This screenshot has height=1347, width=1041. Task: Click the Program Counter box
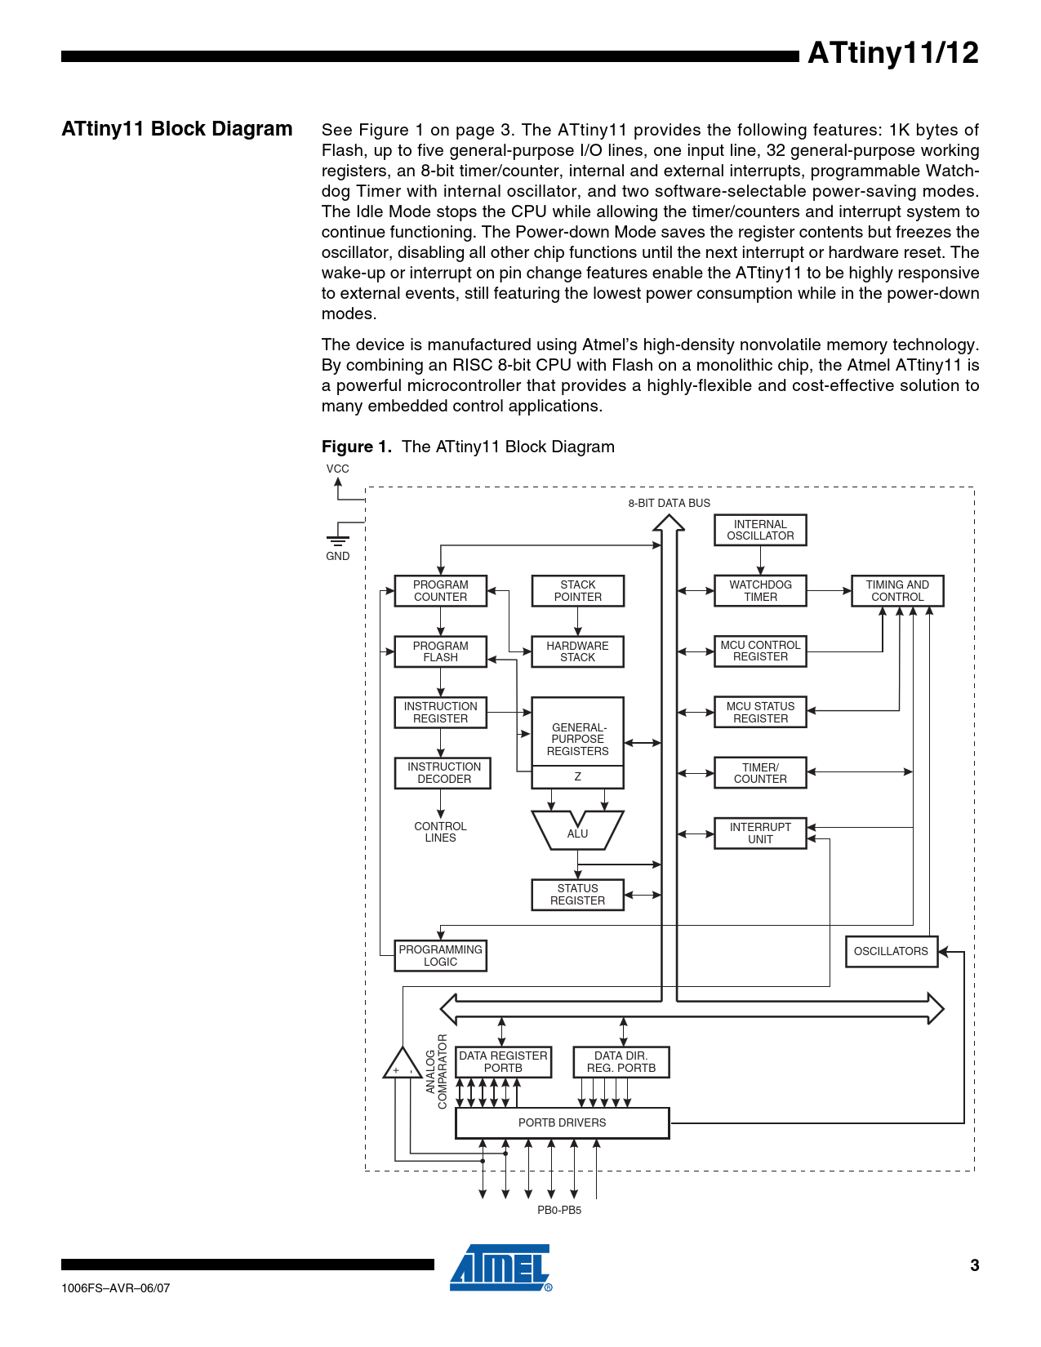440,591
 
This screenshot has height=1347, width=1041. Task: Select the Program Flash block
440,651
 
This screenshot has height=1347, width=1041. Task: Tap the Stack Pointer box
577,591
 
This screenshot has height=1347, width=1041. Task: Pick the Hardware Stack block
577,651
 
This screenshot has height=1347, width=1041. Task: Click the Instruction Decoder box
443,773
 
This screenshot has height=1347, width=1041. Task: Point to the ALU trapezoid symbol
577,831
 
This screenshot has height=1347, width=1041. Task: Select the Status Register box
577,895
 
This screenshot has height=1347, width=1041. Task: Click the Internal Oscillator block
760,530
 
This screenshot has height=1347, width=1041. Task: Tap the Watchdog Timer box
760,591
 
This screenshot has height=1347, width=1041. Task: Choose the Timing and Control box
897,591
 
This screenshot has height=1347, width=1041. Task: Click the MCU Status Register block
760,713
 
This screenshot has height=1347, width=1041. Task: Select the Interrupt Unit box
760,834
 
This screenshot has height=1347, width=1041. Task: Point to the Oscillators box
891,951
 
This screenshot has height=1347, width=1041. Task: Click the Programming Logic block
440,956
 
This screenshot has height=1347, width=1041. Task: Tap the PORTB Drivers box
562,1123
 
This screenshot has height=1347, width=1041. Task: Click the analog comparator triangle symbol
403,1065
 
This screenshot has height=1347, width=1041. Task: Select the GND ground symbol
337,540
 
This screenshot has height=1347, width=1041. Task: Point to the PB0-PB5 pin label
559,1210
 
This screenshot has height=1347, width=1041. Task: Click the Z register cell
577,777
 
